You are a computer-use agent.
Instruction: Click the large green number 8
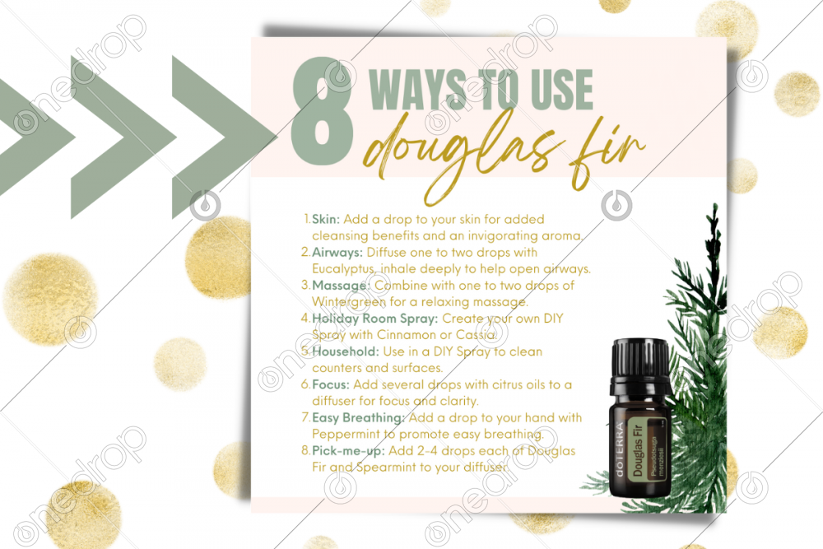(322, 109)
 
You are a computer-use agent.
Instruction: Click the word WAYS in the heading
(418, 90)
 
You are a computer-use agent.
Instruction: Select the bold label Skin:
(326, 220)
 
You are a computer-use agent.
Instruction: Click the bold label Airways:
(337, 253)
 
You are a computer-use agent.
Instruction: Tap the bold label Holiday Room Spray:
(374, 319)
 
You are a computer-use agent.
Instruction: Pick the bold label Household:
(346, 351)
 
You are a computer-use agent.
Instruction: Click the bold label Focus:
(331, 384)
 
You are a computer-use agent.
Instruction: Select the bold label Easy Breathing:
(359, 418)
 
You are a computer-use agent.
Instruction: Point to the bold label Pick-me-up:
(348, 451)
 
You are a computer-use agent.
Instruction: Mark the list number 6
(305, 384)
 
